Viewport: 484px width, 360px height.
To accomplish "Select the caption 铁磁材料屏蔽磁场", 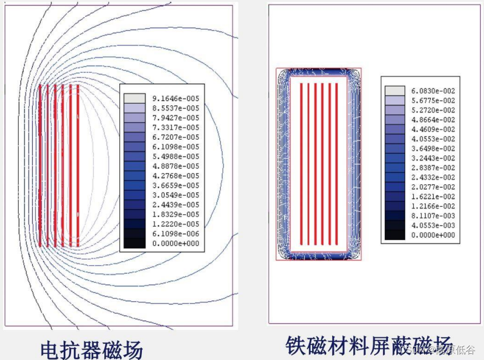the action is [369, 345].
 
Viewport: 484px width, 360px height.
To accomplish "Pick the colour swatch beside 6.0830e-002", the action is [395, 90].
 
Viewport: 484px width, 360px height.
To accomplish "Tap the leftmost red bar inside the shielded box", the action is [301, 163].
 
